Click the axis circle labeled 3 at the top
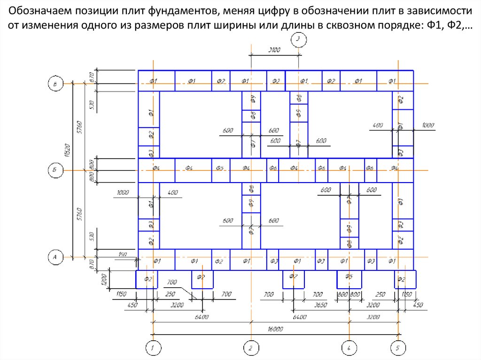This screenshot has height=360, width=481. (298, 40)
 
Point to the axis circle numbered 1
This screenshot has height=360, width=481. (152, 348)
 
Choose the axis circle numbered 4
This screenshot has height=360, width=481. (348, 348)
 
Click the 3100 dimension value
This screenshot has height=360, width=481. (274, 49)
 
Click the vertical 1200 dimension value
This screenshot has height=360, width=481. (104, 280)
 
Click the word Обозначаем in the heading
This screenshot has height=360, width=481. (41, 10)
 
